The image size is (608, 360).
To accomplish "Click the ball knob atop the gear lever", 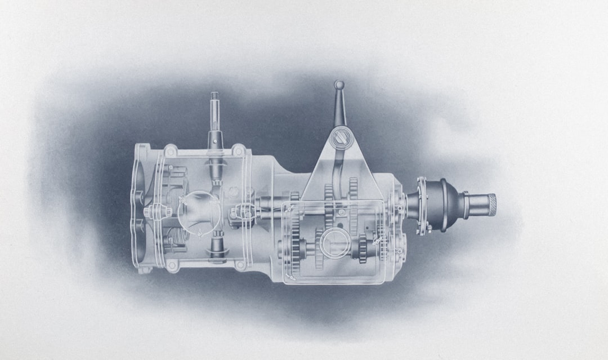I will [339, 85].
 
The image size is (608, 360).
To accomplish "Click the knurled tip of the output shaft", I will [491, 205].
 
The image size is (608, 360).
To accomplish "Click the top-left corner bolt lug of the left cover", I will [171, 150].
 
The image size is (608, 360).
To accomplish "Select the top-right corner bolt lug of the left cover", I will [239, 150].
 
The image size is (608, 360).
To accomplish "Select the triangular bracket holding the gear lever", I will [338, 169].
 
